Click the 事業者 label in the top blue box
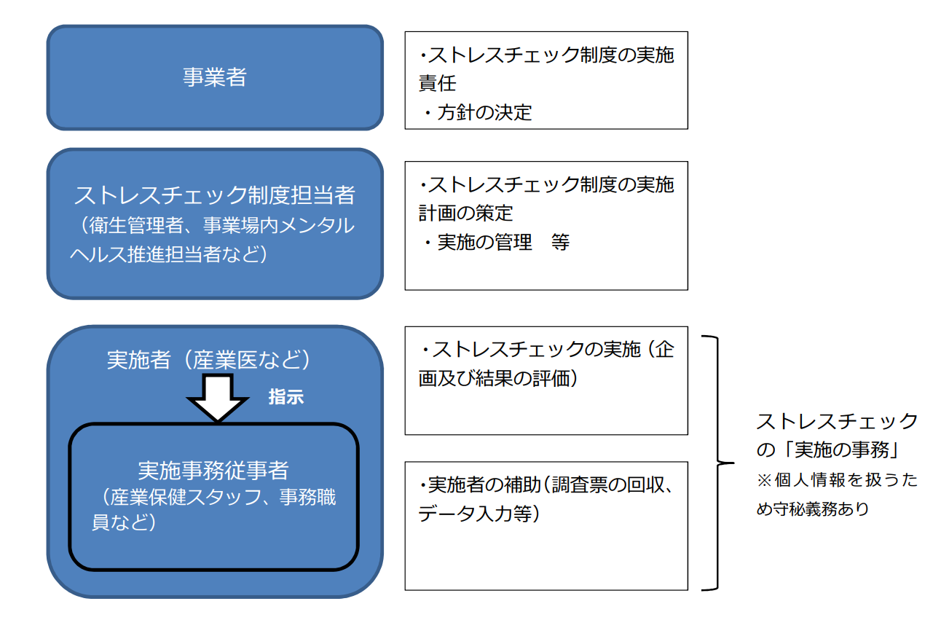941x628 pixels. coord(215,76)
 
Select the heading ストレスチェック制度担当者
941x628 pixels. coord(215,195)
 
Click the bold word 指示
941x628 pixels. coord(286,398)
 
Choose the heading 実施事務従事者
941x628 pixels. coord(213,471)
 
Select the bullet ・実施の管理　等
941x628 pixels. coord(495,242)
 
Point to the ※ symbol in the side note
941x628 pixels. coord(765,481)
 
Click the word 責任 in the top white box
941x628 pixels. coord(438,84)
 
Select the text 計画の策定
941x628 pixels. coord(465,213)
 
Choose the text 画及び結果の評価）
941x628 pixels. coord(499,380)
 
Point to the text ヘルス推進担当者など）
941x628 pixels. coord(167,254)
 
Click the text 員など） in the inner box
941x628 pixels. coord(123,522)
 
